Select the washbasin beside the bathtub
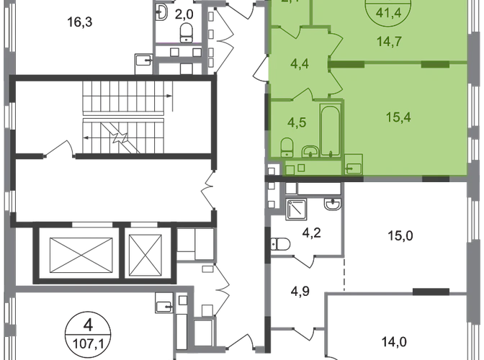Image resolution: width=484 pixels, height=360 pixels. [x=311, y=150]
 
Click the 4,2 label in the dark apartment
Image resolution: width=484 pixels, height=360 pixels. [x=311, y=232]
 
